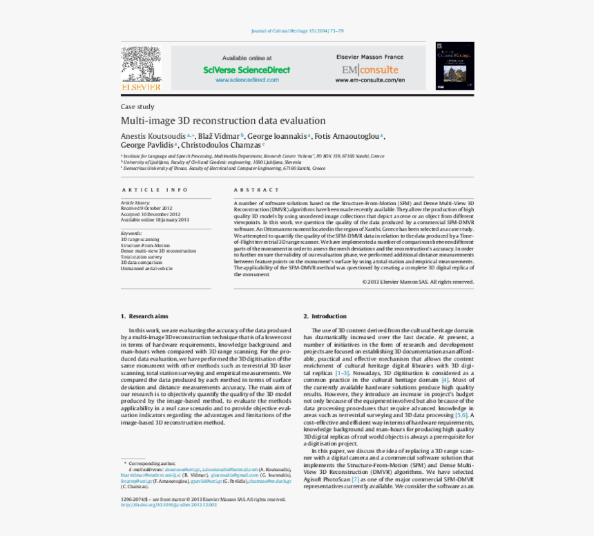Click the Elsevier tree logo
(141, 68)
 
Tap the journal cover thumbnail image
(454, 66)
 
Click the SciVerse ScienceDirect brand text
(247, 70)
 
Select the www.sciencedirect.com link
(247, 80)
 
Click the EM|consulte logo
(370, 70)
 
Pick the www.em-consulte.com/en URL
(370, 80)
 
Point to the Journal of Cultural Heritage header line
(297, 31)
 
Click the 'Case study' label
(137, 106)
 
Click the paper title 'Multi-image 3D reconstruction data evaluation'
(223, 120)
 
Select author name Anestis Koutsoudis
(153, 136)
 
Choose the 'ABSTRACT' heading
(257, 190)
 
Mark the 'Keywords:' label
(131, 233)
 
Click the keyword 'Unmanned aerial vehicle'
(146, 268)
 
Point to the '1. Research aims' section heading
(144, 316)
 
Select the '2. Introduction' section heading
(325, 316)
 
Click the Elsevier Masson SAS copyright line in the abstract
(418, 282)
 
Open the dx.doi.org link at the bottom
(169, 504)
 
